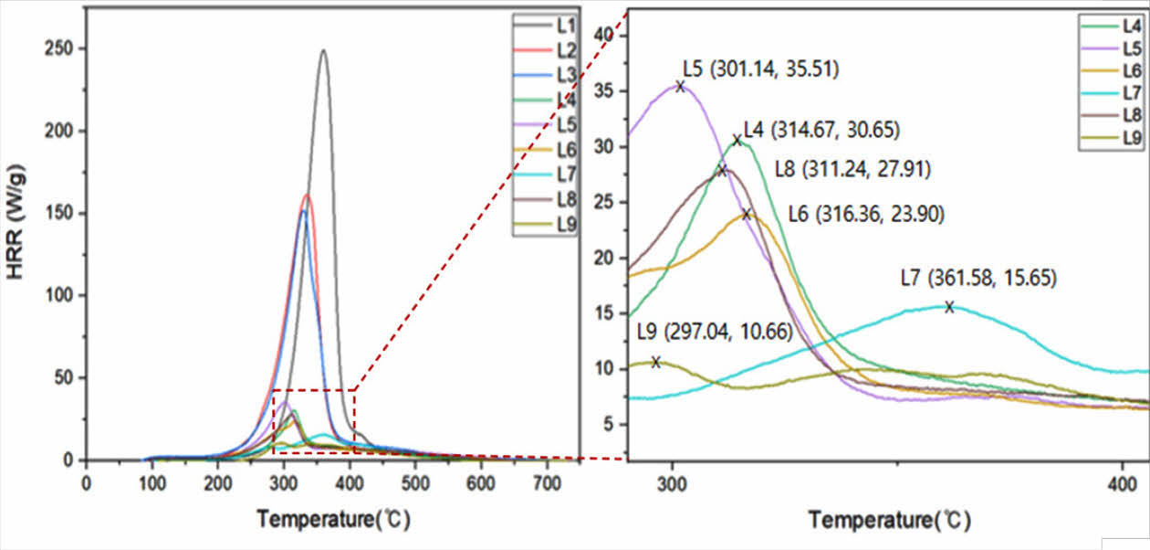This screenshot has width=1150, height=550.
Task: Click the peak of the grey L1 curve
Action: click(323, 50)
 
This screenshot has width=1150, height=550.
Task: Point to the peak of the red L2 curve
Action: click(307, 195)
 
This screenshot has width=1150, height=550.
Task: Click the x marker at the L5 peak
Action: click(680, 86)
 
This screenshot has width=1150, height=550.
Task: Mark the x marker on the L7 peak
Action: click(949, 307)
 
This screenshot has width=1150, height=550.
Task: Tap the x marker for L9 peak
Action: click(655, 363)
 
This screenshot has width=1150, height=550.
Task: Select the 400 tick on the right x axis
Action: click(1121, 484)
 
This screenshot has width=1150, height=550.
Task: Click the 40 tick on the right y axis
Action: click(606, 35)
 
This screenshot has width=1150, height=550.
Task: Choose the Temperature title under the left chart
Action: click(333, 520)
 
